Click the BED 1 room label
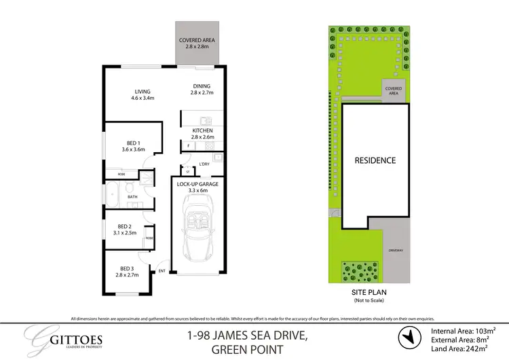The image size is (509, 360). pyautogui.click(x=133, y=145)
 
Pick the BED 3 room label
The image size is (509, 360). pyautogui.click(x=127, y=272)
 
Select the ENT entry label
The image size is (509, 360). pyautogui.click(x=162, y=272)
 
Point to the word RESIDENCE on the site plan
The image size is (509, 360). pyautogui.click(x=375, y=161)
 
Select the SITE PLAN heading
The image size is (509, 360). pyautogui.click(x=369, y=293)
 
